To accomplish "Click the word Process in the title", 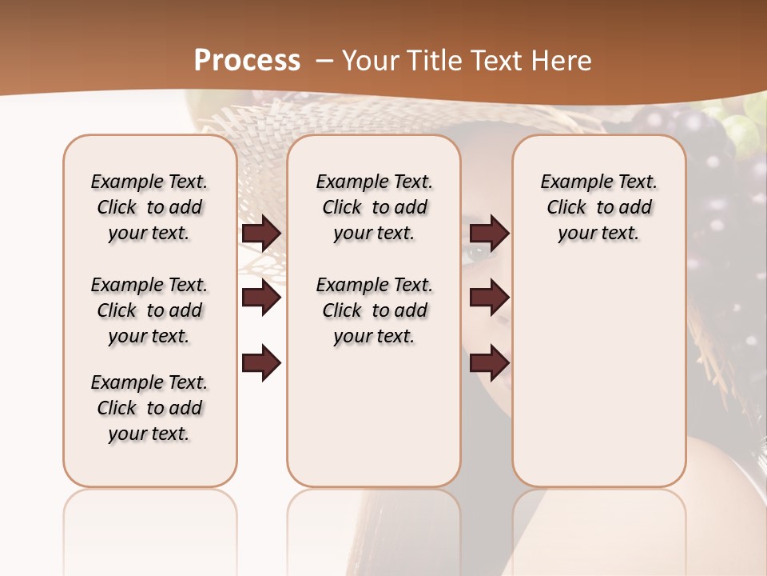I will tap(247, 60).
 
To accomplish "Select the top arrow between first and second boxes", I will tap(261, 234).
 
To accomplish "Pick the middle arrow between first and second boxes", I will tap(261, 298).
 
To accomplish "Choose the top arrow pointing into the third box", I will tap(489, 234).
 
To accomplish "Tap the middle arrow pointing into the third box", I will tap(489, 298).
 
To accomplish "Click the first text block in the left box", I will tap(149, 207).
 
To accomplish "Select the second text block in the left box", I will tap(149, 310).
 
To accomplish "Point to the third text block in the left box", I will tap(149, 408).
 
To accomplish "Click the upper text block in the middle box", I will tap(374, 207).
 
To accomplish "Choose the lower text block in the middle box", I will tap(374, 310).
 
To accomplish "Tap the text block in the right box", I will tap(598, 207).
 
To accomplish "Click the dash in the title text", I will tap(324, 61).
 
